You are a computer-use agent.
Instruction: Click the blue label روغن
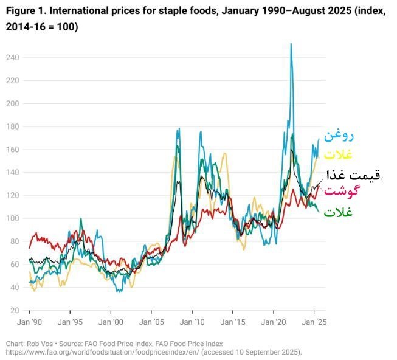click(x=339, y=134)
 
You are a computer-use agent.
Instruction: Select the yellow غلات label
click(x=338, y=154)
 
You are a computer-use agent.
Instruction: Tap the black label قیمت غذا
click(x=353, y=175)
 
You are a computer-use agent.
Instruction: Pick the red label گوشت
click(x=342, y=192)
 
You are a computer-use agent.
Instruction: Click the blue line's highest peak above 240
click(x=291, y=44)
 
